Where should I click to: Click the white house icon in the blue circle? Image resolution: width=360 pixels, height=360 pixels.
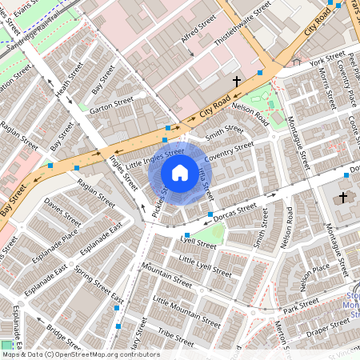click(x=180, y=173)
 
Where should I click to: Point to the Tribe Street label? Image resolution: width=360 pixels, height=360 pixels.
click(x=175, y=331)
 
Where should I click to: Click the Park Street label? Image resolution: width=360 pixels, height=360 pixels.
click(x=300, y=305)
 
